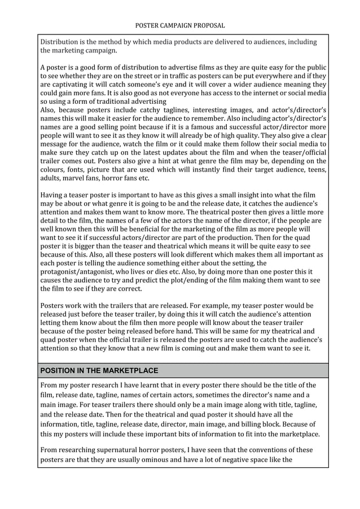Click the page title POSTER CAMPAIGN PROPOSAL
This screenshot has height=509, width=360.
(179, 25)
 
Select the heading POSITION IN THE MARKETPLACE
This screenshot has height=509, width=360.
(99, 371)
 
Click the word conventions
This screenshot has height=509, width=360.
(269, 450)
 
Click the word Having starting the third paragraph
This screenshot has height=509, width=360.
(54, 195)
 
